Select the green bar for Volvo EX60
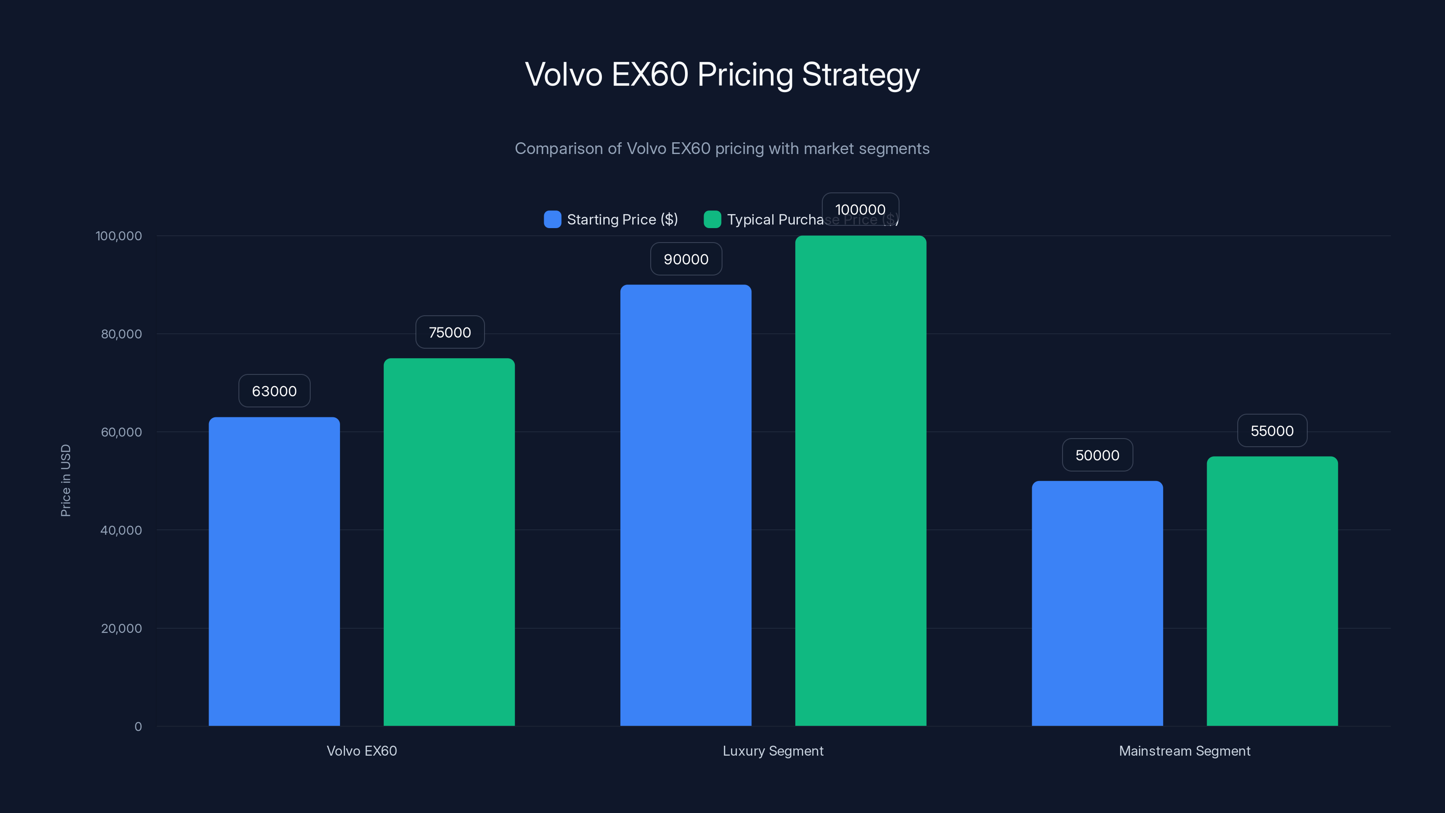449,542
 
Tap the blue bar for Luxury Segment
685,505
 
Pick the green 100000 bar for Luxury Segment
861,480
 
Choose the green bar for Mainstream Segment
1272,591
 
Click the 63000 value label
274,391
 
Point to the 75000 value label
450,332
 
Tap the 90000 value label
686,259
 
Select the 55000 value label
1272,431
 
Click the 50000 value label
1097,455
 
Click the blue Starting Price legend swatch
553,220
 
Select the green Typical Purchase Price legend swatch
713,220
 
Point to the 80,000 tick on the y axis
121,334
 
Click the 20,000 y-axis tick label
121,628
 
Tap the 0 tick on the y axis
138,727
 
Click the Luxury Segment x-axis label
773,751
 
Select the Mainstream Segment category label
1185,751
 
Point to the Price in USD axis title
65,480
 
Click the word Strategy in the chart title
861,75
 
